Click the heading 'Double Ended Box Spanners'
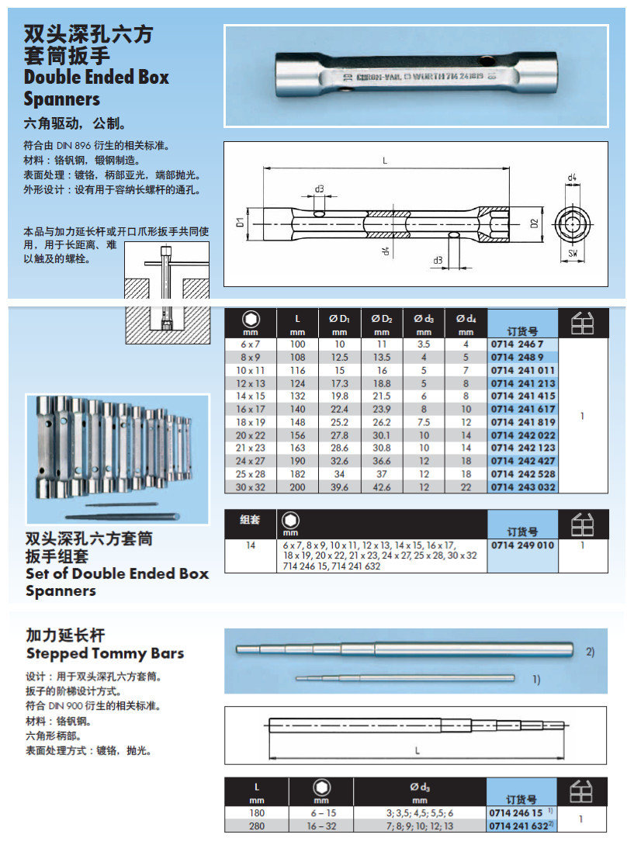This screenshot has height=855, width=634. coord(96,88)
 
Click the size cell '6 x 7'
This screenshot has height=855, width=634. coord(251,344)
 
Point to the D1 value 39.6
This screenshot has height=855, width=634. coord(339,486)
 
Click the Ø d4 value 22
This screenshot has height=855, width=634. coord(466,486)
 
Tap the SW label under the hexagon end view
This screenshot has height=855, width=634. coord(572,253)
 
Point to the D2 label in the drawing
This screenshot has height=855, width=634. coord(534,223)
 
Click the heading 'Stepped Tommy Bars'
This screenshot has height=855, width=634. coord(105,652)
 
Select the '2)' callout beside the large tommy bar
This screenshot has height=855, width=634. coord(590,652)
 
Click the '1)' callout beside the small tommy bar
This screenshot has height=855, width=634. coord(535,679)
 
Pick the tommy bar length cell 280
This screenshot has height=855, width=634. coord(257,826)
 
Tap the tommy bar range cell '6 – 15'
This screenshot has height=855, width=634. coord(320,812)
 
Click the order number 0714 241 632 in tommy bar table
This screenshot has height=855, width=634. coord(518,826)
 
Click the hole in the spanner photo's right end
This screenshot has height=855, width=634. coord(486,61)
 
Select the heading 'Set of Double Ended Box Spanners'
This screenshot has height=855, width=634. coord(116,582)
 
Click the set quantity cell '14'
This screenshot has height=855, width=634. coord(251,545)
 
